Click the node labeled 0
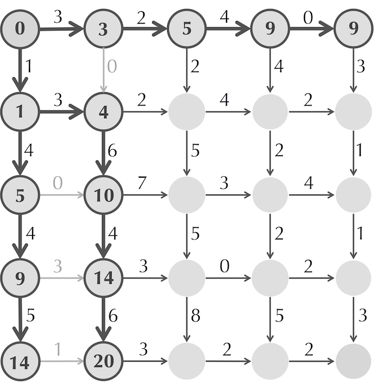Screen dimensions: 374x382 point(20,29)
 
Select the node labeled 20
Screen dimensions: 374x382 point(104,361)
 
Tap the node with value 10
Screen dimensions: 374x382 point(104,195)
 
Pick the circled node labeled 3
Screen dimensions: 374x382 point(104,29)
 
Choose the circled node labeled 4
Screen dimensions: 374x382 point(104,112)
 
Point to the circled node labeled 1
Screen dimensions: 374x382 point(20,112)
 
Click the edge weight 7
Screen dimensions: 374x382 point(142,182)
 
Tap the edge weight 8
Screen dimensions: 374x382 point(196,315)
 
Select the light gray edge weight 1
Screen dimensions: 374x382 point(58,349)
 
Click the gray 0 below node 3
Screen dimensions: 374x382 point(112,66)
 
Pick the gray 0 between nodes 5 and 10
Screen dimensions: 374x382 point(58,182)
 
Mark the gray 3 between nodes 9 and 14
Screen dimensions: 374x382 point(58,266)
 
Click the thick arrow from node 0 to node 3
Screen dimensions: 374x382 point(62,29)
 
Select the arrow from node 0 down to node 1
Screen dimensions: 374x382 point(20,70)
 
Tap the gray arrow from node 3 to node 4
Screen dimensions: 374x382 point(104,70)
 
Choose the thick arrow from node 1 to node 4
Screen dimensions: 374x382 point(62,112)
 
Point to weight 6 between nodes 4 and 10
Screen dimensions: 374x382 point(112,151)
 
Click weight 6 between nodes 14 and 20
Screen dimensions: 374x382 point(113,315)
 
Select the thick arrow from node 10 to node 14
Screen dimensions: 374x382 point(104,236)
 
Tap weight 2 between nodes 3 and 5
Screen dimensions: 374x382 point(141,18)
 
